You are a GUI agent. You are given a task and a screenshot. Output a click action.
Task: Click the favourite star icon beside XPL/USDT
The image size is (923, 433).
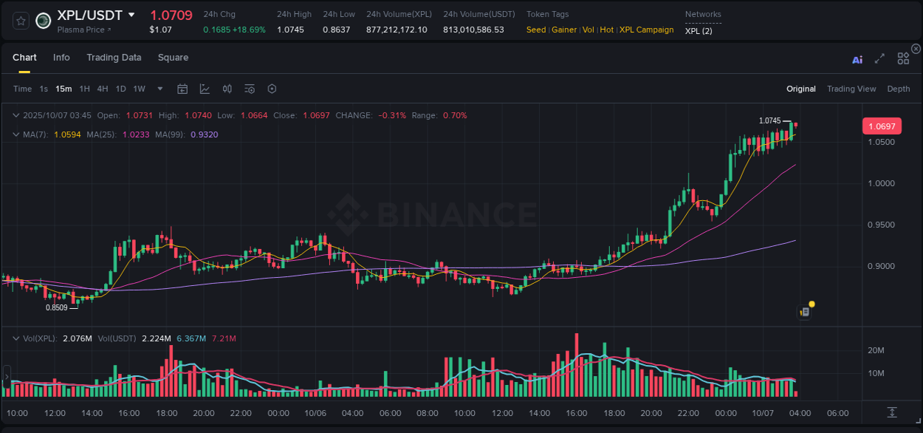tap(21, 21)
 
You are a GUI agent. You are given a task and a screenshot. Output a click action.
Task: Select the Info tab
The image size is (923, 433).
tap(61, 58)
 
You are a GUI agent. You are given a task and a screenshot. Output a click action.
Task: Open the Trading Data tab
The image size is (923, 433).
tap(114, 58)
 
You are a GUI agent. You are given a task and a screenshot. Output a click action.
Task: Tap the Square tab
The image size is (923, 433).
tap(173, 58)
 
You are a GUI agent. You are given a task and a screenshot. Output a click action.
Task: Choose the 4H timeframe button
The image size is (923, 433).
tap(103, 89)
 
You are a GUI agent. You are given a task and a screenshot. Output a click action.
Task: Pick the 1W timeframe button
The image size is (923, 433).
tap(139, 89)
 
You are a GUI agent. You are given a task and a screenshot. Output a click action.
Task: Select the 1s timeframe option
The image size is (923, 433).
tap(44, 89)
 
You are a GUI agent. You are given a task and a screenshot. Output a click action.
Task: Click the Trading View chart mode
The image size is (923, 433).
tap(851, 89)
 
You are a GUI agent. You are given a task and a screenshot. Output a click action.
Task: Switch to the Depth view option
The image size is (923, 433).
tap(899, 89)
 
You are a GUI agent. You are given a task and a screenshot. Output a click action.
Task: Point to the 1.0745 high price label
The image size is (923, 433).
tap(769, 120)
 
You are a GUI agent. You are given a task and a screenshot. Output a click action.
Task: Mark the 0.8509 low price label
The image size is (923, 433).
tap(56, 307)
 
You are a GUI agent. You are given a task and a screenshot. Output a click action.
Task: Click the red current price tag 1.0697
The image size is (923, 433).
tap(882, 126)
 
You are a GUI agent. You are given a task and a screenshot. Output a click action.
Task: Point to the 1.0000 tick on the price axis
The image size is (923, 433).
tap(881, 183)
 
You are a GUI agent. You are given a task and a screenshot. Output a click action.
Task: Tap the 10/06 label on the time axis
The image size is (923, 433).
tap(315, 413)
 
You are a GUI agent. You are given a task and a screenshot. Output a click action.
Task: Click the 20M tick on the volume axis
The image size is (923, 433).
tap(876, 350)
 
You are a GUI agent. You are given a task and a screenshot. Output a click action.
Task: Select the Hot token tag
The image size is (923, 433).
tap(606, 30)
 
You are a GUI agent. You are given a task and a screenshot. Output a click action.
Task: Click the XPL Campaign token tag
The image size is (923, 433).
tap(646, 30)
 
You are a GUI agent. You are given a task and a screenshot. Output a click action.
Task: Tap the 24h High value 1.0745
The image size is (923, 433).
tap(290, 30)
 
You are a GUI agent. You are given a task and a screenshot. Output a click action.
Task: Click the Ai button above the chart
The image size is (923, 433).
tap(857, 59)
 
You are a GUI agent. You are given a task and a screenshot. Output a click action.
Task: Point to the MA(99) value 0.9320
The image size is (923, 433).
tap(204, 134)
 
